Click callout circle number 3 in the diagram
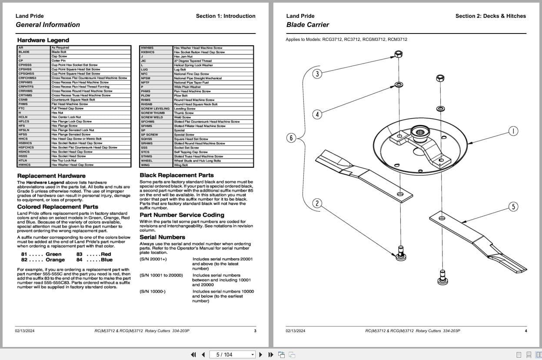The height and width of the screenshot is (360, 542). (317, 73)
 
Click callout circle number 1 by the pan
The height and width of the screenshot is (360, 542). (513, 131)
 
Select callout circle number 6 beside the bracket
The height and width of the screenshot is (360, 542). (291, 138)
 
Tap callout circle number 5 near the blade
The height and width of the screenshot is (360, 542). (513, 206)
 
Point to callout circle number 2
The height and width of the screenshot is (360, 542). (317, 203)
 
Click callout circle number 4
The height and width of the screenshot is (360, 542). (317, 114)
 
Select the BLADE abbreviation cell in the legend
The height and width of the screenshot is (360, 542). (24, 52)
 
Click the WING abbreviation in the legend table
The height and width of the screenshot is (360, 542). (145, 165)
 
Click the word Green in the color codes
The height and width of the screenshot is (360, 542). (53, 254)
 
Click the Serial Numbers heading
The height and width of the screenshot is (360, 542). (162, 237)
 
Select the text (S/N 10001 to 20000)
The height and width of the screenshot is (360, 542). (161, 275)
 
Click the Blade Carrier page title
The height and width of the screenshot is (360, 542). (307, 25)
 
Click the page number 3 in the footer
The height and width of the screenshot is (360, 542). (255, 331)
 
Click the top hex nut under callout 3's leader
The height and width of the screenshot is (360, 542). (398, 54)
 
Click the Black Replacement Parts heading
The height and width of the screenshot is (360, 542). (176, 175)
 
